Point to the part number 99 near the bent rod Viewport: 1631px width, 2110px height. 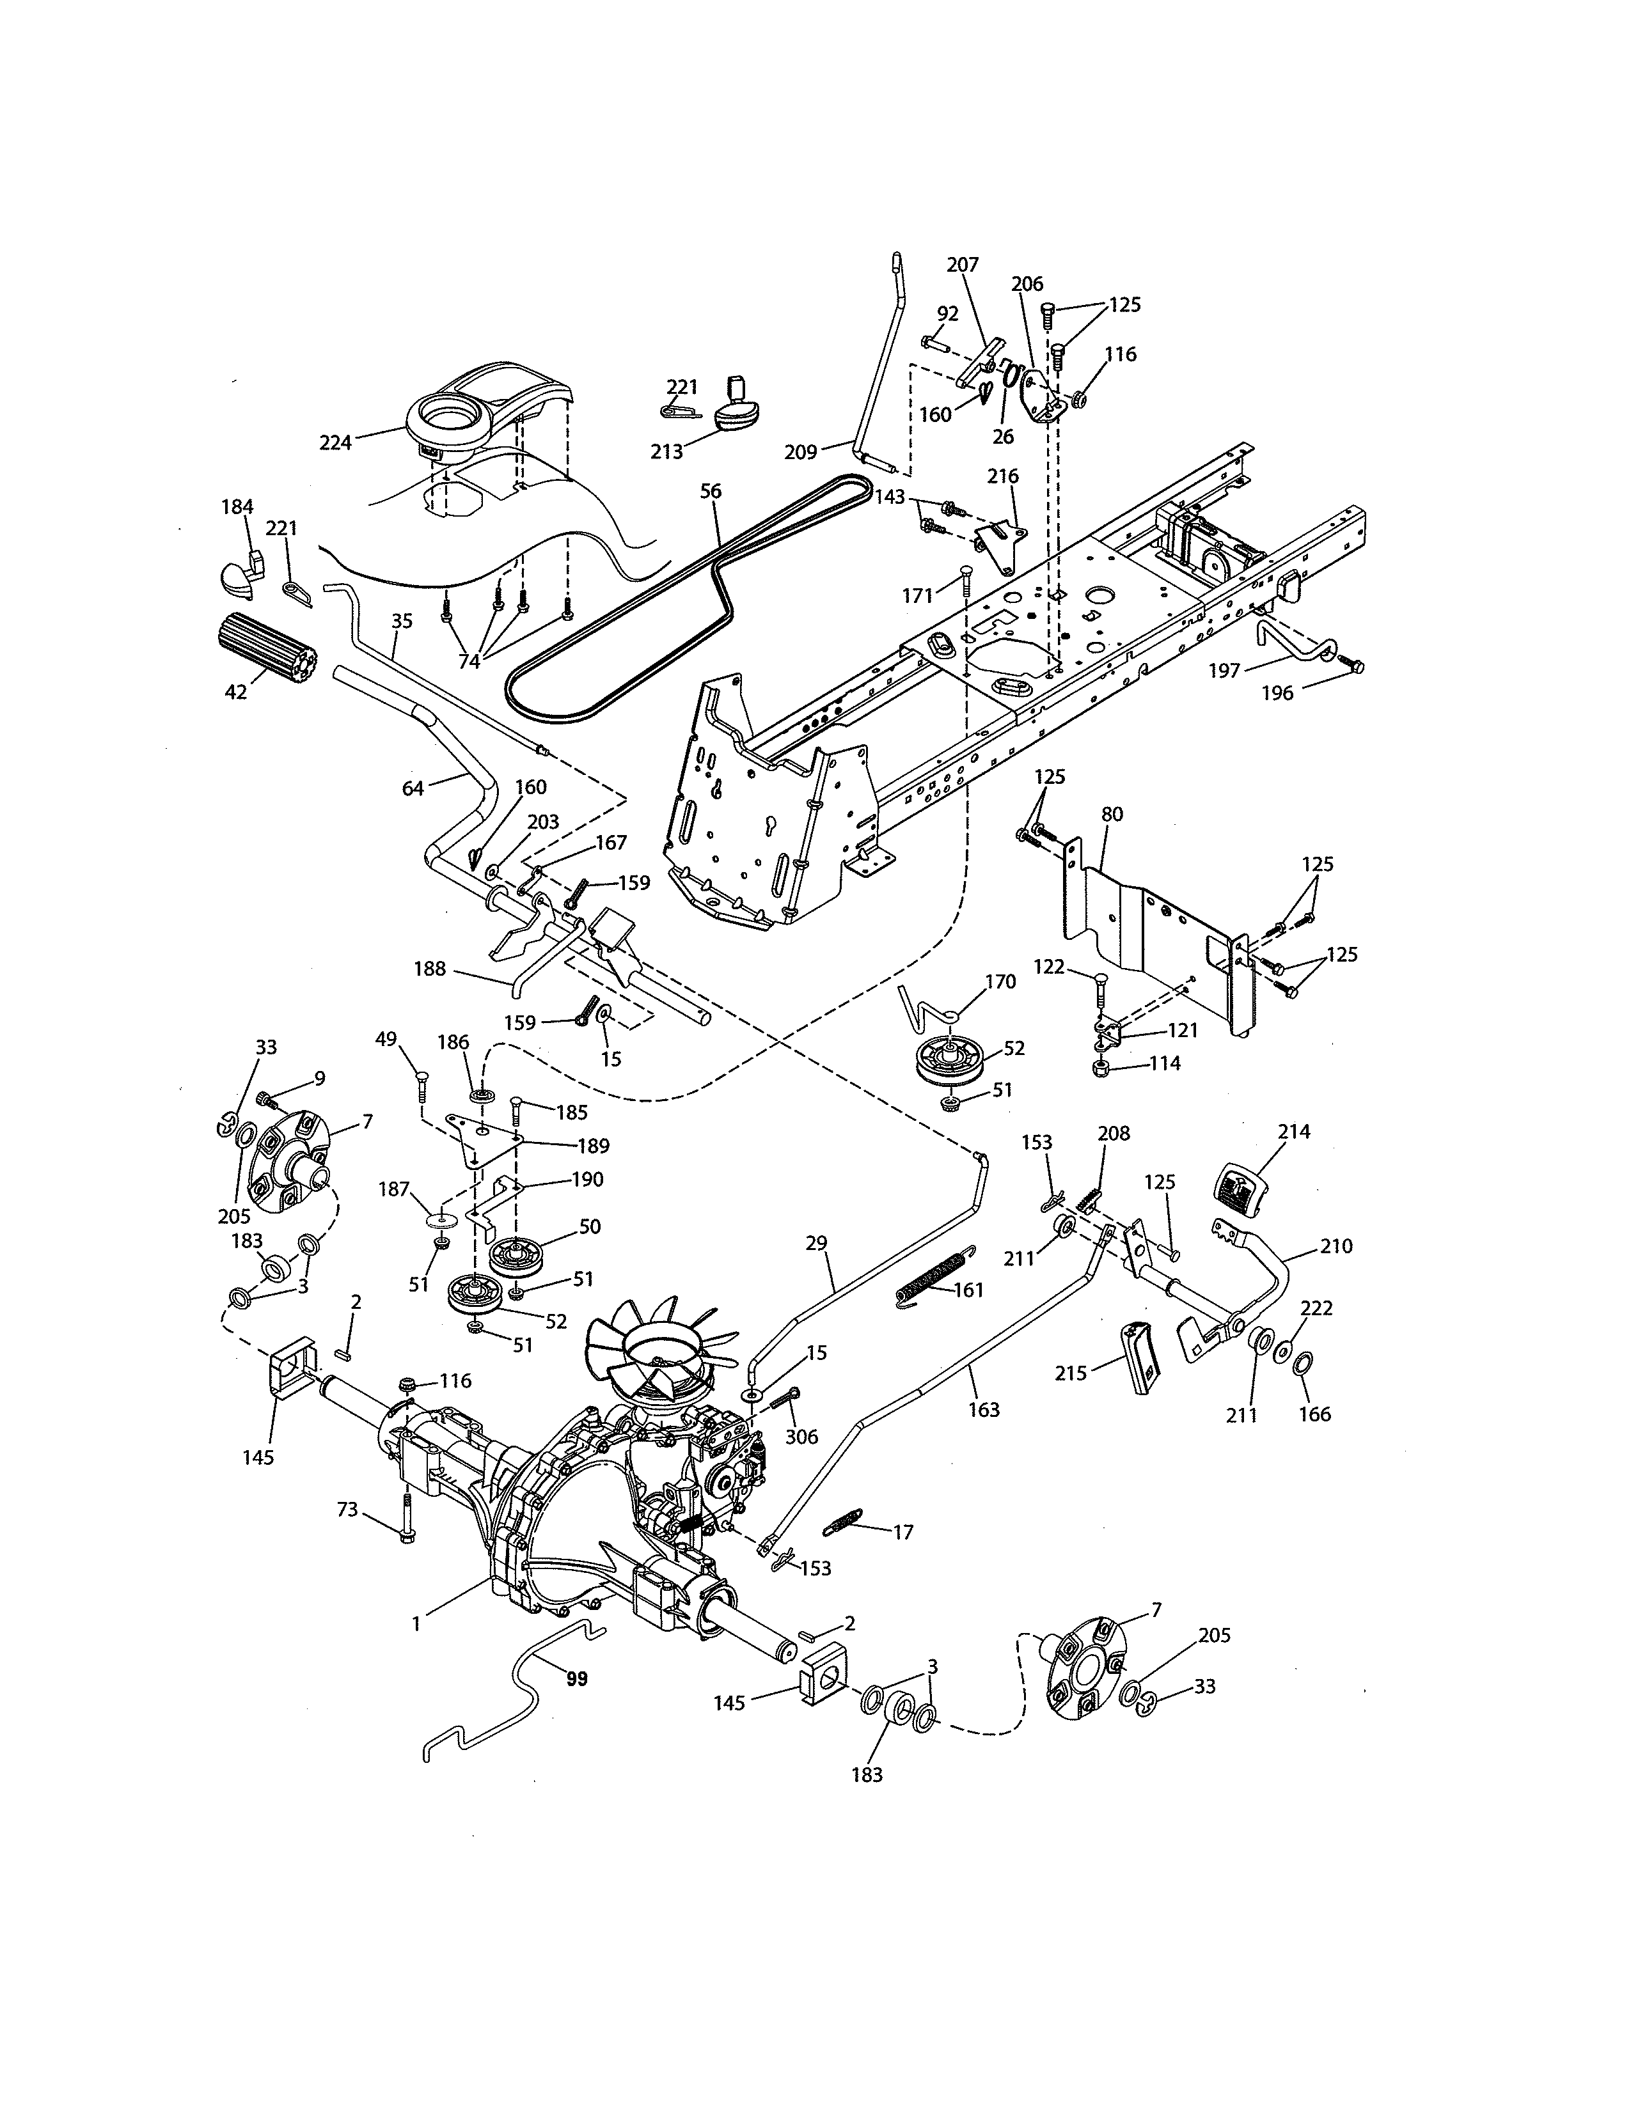point(577,1679)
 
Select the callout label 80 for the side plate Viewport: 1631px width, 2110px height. point(1112,815)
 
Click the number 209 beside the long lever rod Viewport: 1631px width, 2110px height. point(801,451)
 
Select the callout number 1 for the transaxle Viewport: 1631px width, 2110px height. point(416,1624)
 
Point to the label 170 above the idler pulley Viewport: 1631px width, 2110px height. point(1000,981)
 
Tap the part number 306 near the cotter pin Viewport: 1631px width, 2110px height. point(801,1437)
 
